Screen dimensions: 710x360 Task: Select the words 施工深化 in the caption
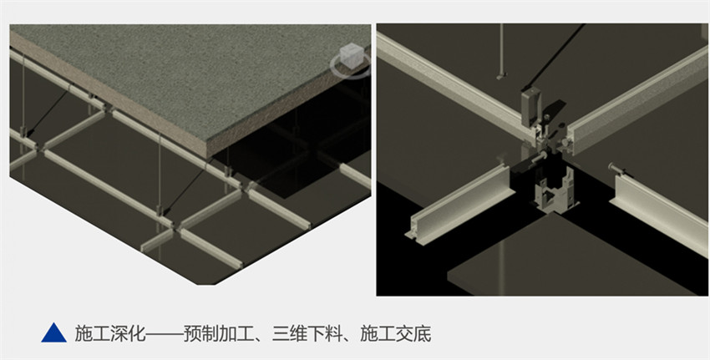coord(110,334)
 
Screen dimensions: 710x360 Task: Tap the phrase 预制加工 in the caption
coord(219,334)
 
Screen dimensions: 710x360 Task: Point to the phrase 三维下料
coord(307,334)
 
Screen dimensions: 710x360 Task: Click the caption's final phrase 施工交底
coord(396,334)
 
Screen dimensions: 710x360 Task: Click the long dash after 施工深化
coord(165,334)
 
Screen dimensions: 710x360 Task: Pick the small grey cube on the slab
coord(352,55)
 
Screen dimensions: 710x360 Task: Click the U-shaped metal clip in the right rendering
coord(556,190)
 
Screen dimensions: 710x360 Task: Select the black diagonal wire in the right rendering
coord(553,56)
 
